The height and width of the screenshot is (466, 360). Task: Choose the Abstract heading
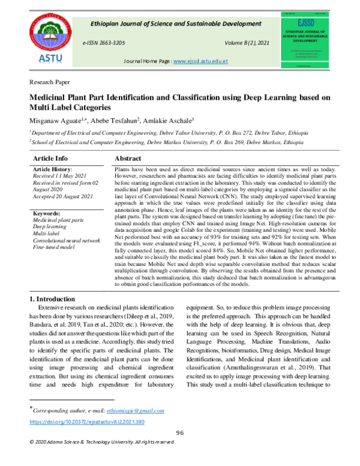coord(131,157)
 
